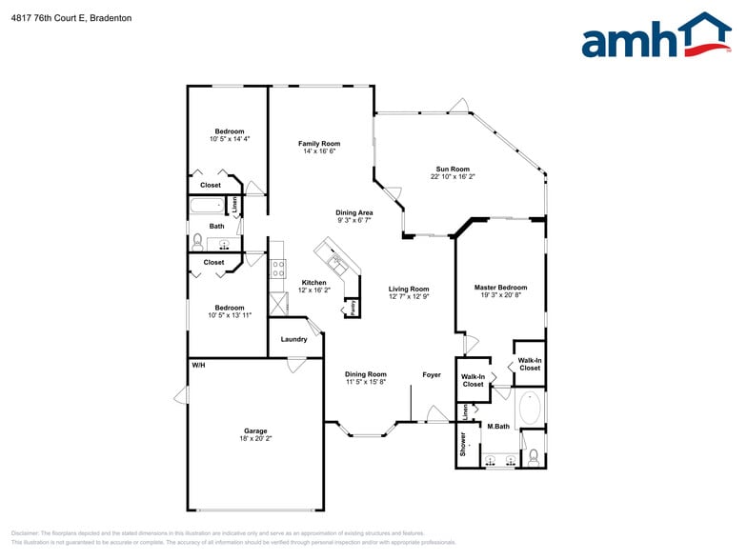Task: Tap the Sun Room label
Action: click(454, 169)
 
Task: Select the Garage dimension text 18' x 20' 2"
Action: click(255, 438)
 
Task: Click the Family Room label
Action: click(318, 143)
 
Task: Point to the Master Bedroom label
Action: click(500, 287)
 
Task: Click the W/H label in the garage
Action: click(198, 365)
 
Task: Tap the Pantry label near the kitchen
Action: click(352, 308)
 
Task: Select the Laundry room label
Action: click(293, 339)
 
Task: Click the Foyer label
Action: click(432, 374)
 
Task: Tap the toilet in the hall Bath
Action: click(197, 241)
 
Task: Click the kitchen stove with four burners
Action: click(278, 268)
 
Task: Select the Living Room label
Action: click(409, 289)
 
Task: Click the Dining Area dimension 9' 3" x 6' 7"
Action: click(353, 220)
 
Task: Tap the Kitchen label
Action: click(314, 282)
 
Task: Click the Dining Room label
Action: click(365, 374)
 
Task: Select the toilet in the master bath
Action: click(533, 458)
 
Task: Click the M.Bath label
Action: click(499, 426)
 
